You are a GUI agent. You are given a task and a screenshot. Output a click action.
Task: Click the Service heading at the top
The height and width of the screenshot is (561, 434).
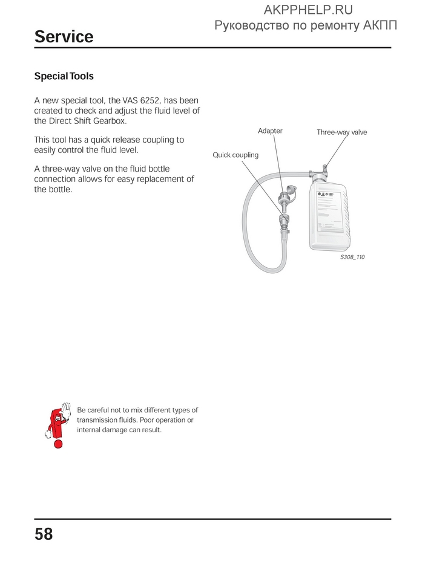[x=64, y=37]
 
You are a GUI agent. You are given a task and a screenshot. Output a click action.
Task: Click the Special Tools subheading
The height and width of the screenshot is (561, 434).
[x=64, y=77]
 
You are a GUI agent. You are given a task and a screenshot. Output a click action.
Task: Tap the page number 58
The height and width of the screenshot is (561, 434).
[x=44, y=534]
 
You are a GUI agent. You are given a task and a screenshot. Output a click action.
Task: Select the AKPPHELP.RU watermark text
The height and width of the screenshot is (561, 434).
[x=309, y=10]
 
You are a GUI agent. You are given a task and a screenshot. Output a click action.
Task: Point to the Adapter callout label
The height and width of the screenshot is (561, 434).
[x=270, y=131]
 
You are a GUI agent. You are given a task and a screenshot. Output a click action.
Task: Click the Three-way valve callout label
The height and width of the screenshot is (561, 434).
[x=341, y=132]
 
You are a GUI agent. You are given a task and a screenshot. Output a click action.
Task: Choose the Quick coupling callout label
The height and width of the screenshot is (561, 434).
[x=235, y=155]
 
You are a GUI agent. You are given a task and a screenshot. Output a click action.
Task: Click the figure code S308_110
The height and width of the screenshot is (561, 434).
[x=352, y=257]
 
